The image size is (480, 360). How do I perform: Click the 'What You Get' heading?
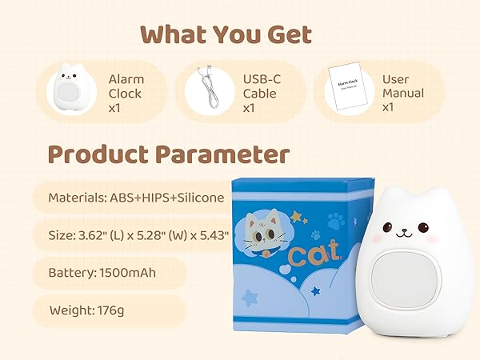[226, 34]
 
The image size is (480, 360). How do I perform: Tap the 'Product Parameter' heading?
[168, 154]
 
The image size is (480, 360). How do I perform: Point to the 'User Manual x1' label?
[402, 93]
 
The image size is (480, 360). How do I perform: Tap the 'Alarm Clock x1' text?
[125, 93]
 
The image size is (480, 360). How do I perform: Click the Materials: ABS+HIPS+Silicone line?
[135, 197]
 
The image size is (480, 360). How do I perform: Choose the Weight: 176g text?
[91, 310]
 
